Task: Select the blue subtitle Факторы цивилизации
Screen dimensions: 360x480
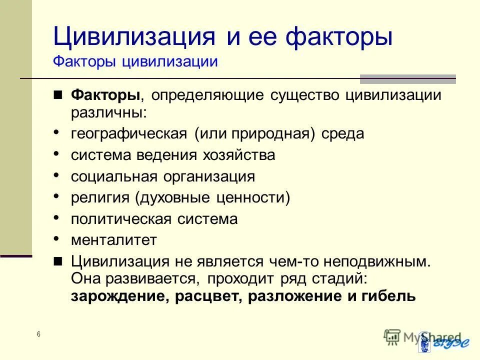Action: click(135, 62)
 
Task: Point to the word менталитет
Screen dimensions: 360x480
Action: click(113, 240)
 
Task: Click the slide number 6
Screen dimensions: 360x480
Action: click(38, 334)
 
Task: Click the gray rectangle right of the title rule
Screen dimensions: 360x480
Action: click(408, 78)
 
